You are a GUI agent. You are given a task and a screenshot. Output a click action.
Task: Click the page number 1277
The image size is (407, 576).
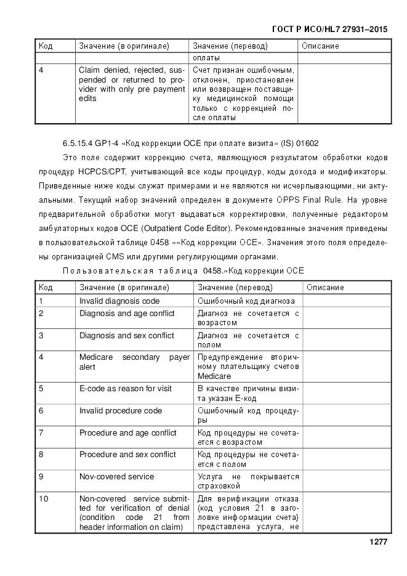pyautogui.click(x=378, y=542)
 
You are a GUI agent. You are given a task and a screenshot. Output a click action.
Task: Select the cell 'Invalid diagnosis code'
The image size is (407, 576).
pyautogui.click(x=119, y=301)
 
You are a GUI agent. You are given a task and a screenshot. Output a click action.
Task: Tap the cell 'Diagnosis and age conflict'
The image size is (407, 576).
pyautogui.click(x=126, y=314)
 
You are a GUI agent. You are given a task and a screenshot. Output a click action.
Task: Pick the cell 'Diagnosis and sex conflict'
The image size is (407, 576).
pyautogui.click(x=126, y=336)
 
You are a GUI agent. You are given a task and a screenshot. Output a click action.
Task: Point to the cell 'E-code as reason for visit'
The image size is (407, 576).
pyautogui.click(x=125, y=389)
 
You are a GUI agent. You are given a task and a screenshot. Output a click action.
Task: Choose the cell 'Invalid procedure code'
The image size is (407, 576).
pyautogui.click(x=120, y=410)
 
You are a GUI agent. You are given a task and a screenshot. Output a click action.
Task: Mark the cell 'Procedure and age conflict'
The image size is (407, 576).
pyautogui.click(x=127, y=432)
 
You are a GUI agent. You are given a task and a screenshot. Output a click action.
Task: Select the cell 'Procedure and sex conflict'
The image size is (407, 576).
pyautogui.click(x=127, y=455)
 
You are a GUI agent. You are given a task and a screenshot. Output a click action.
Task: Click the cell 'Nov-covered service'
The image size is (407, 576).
pyautogui.click(x=116, y=477)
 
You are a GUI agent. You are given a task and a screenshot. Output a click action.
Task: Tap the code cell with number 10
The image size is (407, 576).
pyautogui.click(x=44, y=498)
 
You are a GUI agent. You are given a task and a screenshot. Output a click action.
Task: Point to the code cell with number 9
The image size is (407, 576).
pyautogui.click(x=41, y=477)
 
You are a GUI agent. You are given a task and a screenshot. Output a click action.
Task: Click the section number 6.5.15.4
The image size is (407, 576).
pyautogui.click(x=78, y=143)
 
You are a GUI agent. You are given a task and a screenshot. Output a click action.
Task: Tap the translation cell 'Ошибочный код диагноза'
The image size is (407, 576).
pyautogui.click(x=246, y=301)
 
